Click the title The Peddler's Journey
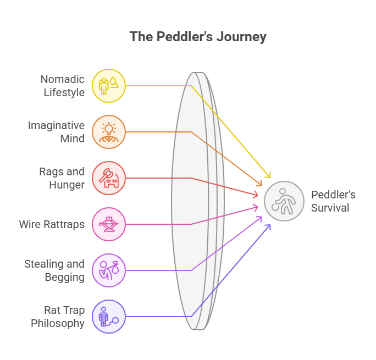(x=198, y=37)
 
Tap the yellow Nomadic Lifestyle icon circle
(x=109, y=86)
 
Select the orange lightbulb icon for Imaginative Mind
(x=109, y=132)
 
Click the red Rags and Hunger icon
(x=109, y=178)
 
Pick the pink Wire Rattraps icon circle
(x=109, y=224)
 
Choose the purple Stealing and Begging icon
(x=109, y=270)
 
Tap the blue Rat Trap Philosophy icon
(x=109, y=316)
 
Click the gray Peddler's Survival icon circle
(x=284, y=201)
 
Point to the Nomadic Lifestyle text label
(x=64, y=86)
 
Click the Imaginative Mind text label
(x=57, y=132)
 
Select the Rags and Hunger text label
(x=61, y=178)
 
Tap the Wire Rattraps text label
(x=52, y=224)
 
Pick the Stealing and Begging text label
(x=54, y=270)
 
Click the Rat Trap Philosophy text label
(x=58, y=316)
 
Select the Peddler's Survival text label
(x=333, y=201)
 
